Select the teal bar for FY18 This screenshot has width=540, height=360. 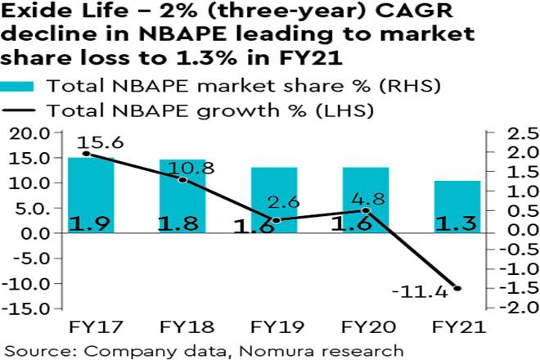182,196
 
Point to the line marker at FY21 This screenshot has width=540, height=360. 457,288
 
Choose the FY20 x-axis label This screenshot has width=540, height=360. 366,328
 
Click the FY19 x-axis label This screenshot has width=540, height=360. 274,328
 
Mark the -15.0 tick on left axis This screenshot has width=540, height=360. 28,308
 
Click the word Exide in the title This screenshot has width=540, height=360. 31,14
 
